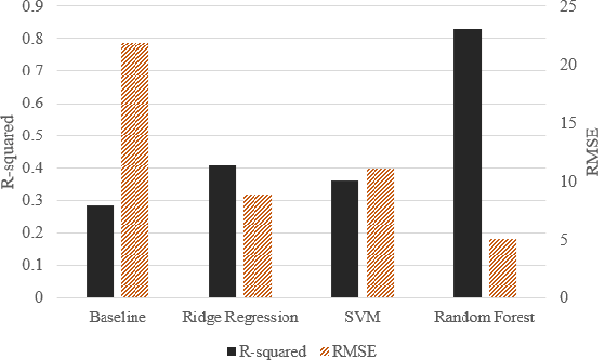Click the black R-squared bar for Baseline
tap(101, 252)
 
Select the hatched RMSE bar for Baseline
tap(135, 170)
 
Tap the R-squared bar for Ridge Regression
tap(223, 231)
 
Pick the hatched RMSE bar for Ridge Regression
tap(256, 247)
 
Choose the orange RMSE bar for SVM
tap(379, 233)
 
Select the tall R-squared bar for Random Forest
tap(466, 164)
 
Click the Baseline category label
tap(117, 317)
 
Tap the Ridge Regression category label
tap(240, 317)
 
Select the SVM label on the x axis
tap(362, 317)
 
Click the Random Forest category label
tap(484, 317)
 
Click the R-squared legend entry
tap(267, 350)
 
